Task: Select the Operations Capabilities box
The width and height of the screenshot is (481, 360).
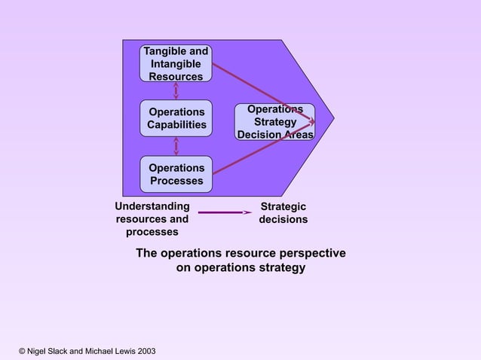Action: click(x=176, y=118)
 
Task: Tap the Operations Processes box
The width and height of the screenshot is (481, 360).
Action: click(x=176, y=174)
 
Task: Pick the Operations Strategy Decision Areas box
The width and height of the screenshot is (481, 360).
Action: click(x=274, y=122)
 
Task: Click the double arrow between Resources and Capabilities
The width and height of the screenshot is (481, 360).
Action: click(x=176, y=91)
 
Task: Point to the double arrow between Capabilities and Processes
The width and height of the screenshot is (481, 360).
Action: click(x=176, y=146)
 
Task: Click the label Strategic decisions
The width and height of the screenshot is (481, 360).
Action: click(x=283, y=213)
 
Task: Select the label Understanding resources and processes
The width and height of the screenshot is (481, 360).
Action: click(x=152, y=219)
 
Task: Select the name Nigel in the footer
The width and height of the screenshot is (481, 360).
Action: click(x=39, y=351)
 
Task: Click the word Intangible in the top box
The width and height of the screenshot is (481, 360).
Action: click(x=176, y=64)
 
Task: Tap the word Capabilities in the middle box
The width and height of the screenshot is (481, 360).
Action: click(x=176, y=125)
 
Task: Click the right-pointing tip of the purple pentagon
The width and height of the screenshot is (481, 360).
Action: click(x=332, y=117)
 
